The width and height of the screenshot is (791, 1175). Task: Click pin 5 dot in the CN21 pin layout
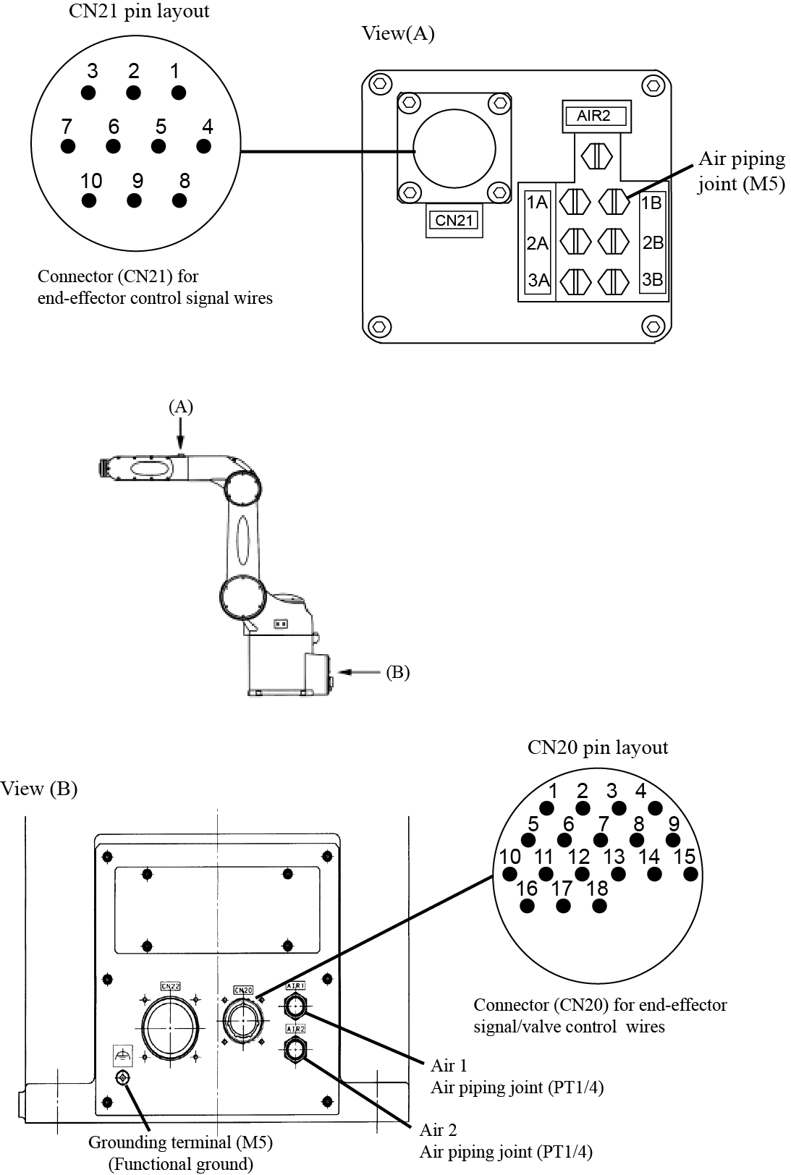coord(158,146)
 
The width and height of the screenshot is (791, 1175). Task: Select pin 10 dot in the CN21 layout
coord(89,200)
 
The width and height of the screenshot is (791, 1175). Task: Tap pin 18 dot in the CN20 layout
coord(598,905)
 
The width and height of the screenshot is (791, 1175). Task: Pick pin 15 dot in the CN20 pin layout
coord(690,873)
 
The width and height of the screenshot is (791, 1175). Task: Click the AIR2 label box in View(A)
coord(594,116)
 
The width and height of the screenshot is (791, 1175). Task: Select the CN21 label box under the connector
coord(454,220)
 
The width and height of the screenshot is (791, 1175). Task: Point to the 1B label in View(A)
coord(652,203)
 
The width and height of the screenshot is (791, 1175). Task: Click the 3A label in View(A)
coord(538,281)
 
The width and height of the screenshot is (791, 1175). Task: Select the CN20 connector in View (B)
coord(244,1020)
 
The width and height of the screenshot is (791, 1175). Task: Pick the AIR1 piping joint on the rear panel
coord(295,1006)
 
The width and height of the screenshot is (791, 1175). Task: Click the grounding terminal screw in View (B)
coord(122,1079)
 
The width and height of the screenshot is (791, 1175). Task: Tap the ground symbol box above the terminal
coord(122,1056)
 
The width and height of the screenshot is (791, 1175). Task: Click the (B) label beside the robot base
coord(398,672)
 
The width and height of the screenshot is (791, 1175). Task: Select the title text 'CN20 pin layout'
coord(597,747)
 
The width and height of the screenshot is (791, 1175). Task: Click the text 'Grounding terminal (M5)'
coord(180,1142)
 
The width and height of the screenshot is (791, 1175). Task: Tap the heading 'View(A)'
coord(398,33)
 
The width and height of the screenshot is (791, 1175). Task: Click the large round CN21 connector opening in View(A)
coord(454,150)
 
